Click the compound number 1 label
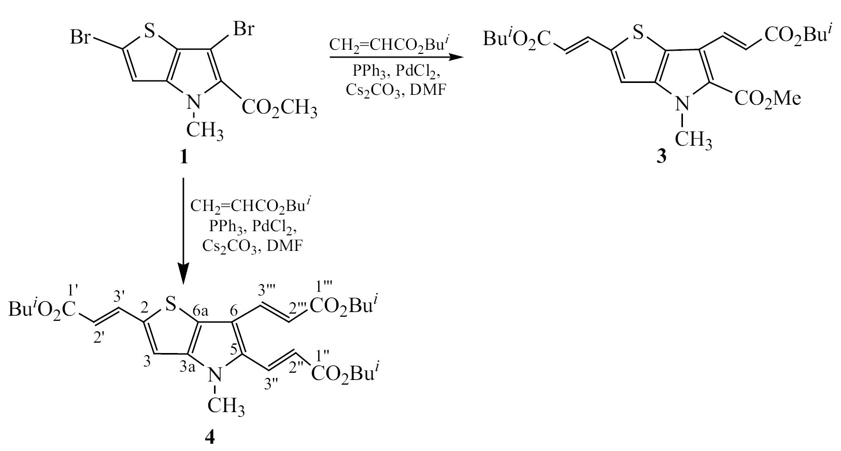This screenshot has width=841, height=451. point(183,157)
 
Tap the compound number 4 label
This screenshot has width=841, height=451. point(210,437)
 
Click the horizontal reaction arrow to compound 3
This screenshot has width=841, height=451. point(397,58)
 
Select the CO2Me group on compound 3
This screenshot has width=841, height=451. point(767,99)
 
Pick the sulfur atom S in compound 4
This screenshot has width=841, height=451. point(171,304)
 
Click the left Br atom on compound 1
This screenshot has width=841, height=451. point(80,38)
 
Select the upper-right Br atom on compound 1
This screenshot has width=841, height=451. point(244,29)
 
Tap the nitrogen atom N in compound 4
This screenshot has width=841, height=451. point(215,374)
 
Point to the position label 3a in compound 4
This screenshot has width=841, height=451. point(187,368)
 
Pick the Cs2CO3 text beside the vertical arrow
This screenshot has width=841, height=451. point(230,247)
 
